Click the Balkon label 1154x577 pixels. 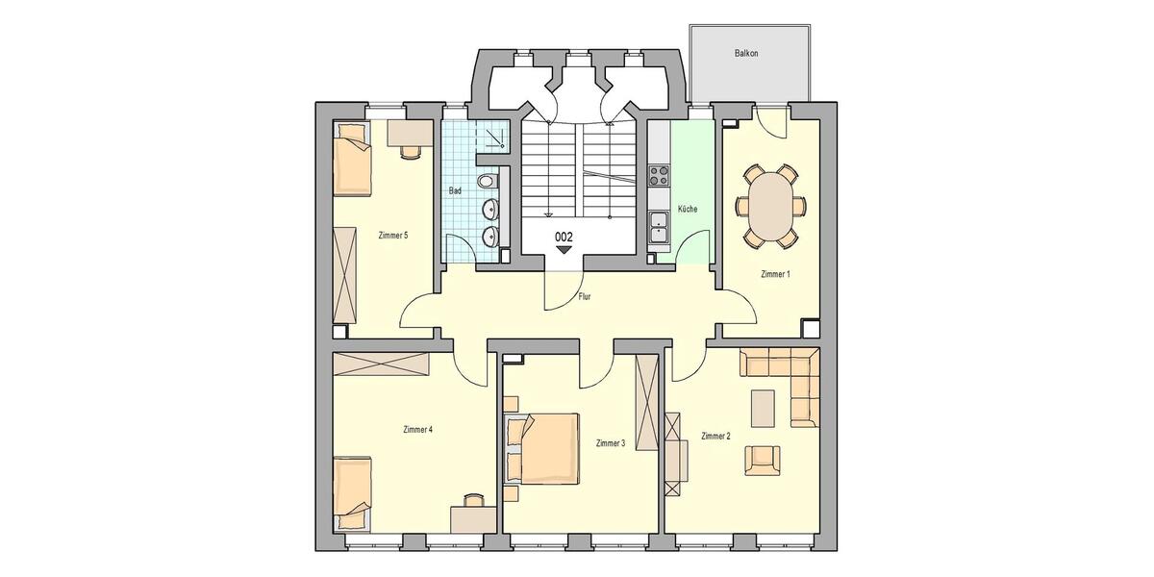[747, 54]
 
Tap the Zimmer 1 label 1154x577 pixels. [775, 274]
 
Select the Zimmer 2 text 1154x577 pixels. [715, 436]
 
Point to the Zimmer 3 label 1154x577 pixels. [611, 443]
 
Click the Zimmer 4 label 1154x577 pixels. [418, 429]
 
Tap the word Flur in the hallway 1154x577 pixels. [585, 297]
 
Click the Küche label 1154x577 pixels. [687, 209]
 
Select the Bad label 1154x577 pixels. [456, 190]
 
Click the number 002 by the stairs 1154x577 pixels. [564, 236]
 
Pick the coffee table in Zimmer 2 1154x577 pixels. [765, 408]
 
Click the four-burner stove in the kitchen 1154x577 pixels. [660, 175]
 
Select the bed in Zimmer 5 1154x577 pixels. [352, 159]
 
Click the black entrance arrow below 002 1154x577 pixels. [564, 250]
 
